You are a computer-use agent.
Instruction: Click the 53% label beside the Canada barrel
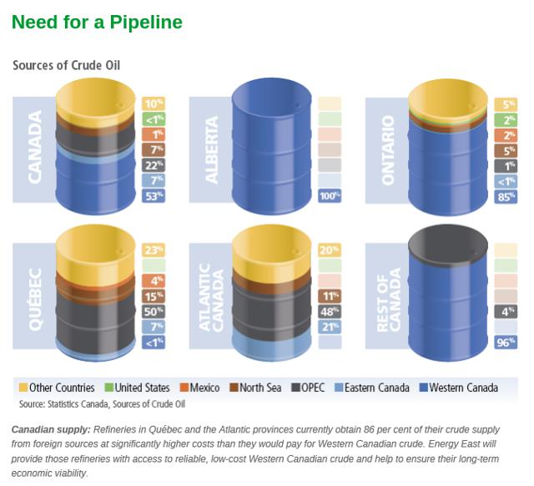click(x=154, y=196)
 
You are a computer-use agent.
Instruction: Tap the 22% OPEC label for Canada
click(x=154, y=165)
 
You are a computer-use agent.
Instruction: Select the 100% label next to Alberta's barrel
click(x=330, y=196)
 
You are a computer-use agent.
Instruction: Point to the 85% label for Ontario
click(x=506, y=196)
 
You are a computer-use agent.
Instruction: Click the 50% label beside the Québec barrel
click(x=154, y=311)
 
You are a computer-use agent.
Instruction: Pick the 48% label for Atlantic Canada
click(x=330, y=311)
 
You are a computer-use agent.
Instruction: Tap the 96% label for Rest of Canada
click(x=506, y=342)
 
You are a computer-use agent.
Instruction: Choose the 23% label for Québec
click(x=154, y=251)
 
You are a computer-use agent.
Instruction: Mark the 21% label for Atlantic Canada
click(x=330, y=327)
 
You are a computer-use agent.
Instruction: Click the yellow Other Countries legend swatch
click(x=23, y=387)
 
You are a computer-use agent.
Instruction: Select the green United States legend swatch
click(x=109, y=387)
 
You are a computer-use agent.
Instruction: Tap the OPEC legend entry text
click(x=313, y=387)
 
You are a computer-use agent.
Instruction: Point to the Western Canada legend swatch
click(x=424, y=387)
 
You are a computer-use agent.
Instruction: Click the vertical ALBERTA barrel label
click(x=211, y=149)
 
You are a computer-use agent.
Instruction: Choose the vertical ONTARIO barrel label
click(x=388, y=150)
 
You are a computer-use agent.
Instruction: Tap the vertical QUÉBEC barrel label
click(x=35, y=299)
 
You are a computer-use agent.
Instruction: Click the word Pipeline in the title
click(x=146, y=23)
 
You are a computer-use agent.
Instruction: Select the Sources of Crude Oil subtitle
click(x=67, y=65)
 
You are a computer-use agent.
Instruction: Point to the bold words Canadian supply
click(x=51, y=429)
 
